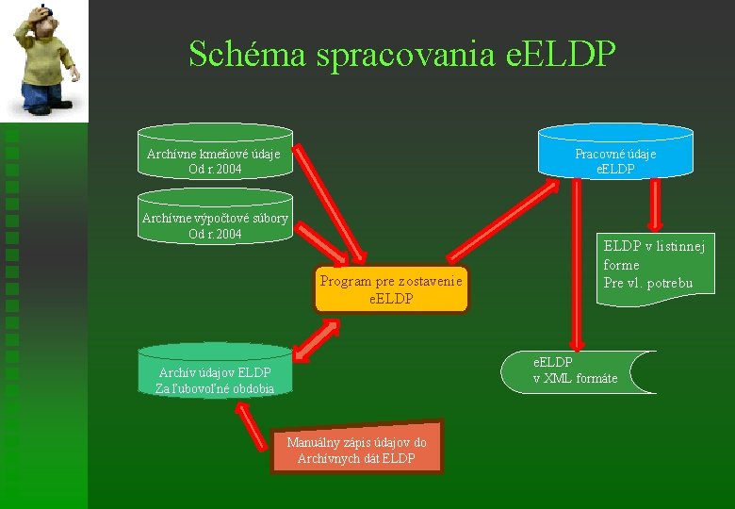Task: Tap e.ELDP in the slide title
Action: click(x=561, y=55)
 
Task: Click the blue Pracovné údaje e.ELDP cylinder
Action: click(x=615, y=153)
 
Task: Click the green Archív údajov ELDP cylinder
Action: click(x=215, y=372)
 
